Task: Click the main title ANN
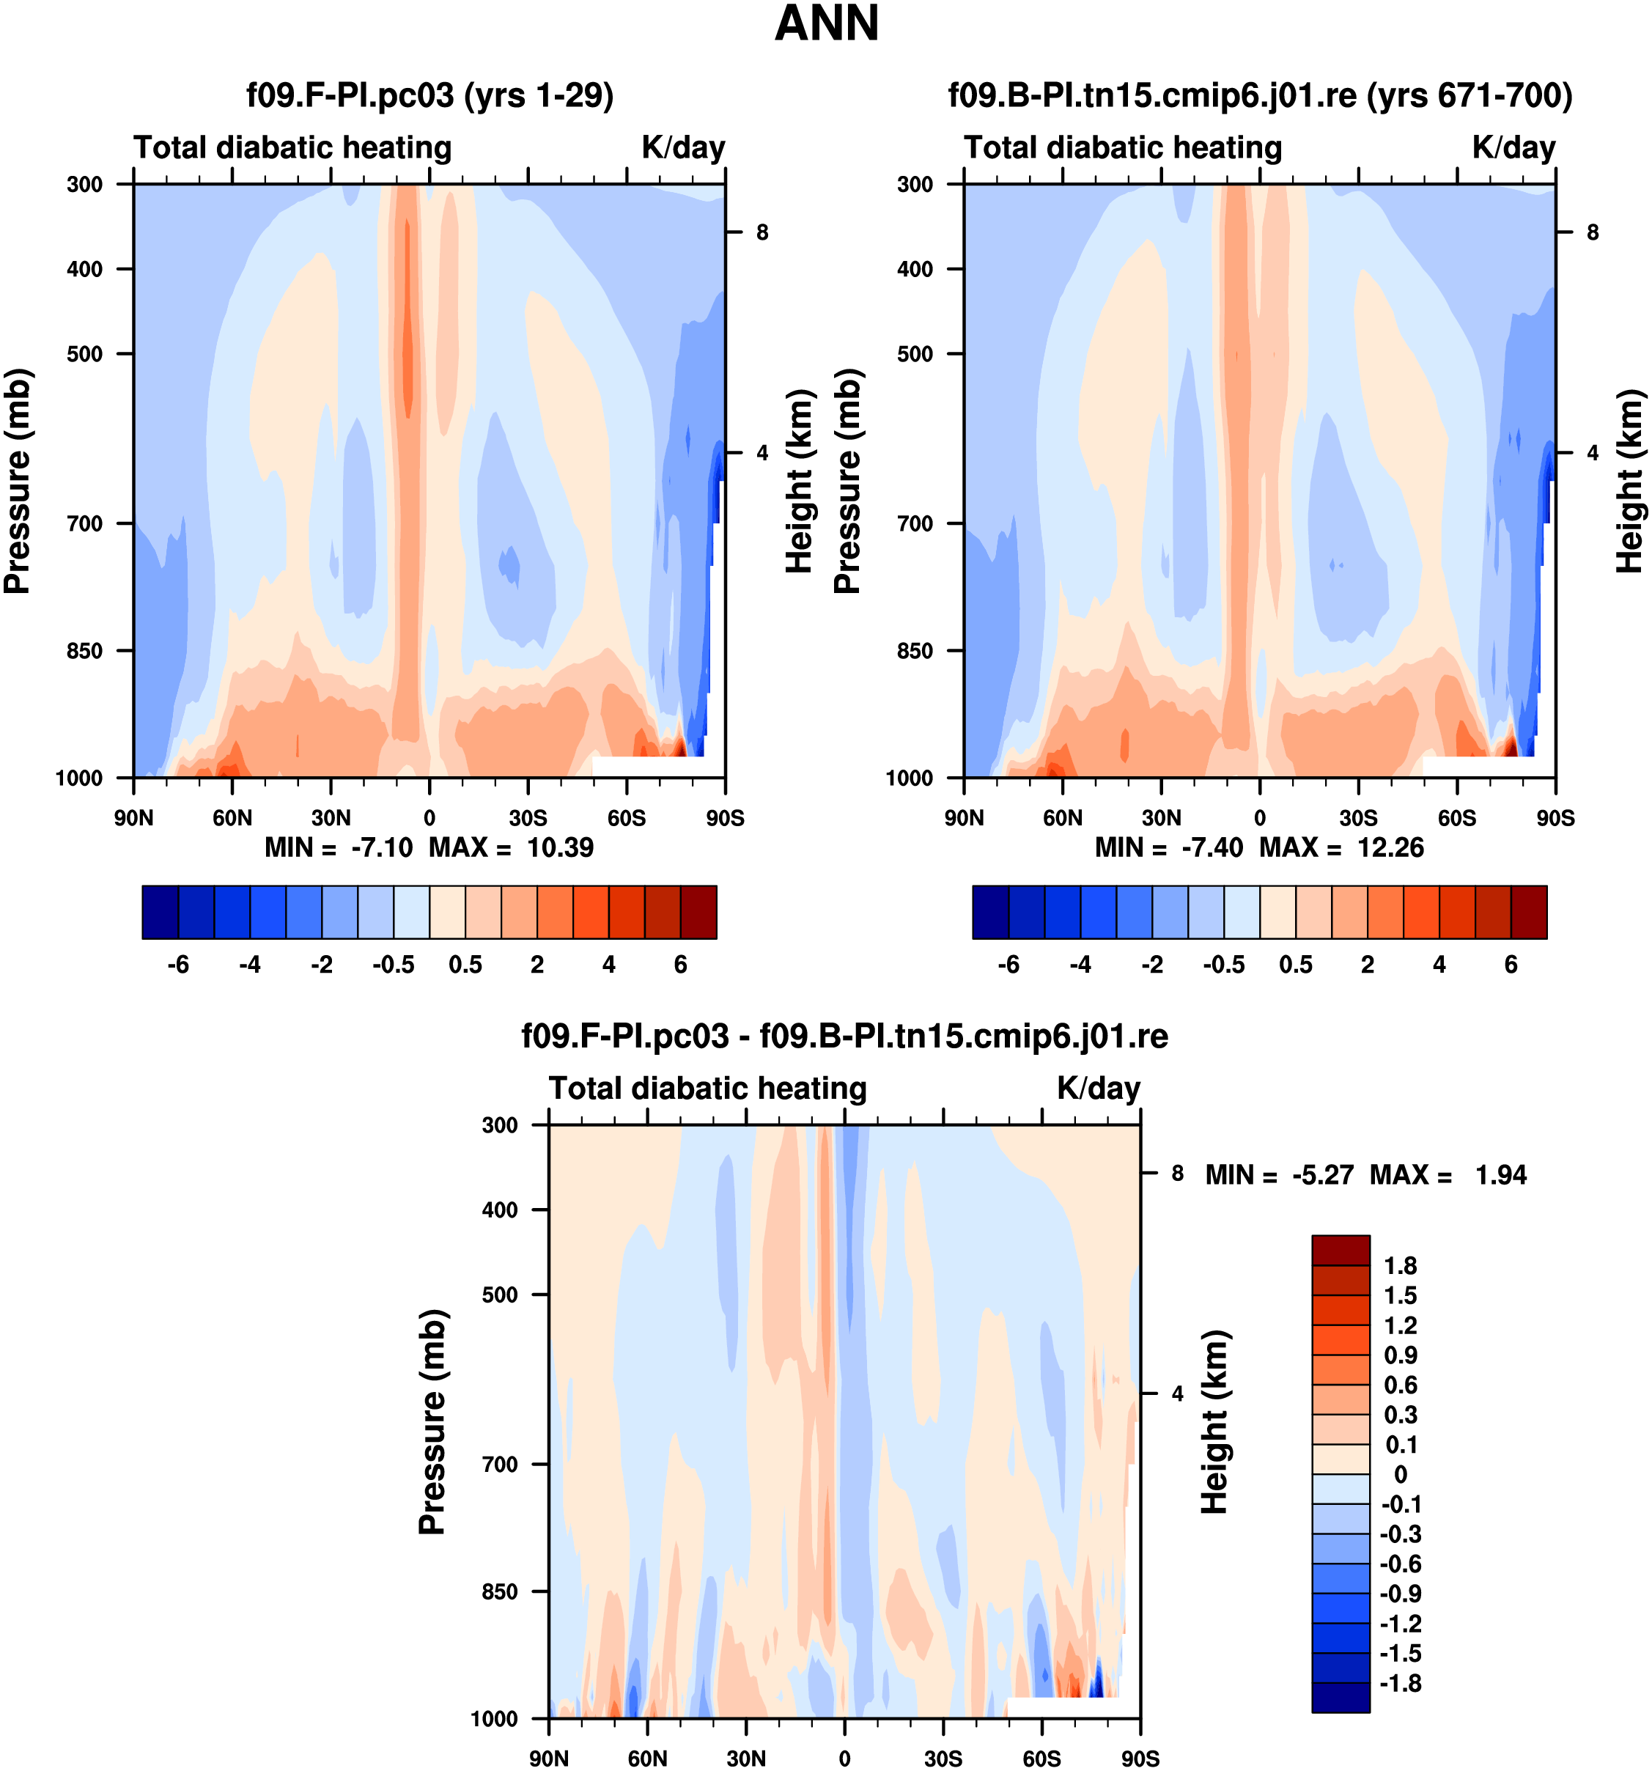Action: (827, 24)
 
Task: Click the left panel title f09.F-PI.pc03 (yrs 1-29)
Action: (430, 95)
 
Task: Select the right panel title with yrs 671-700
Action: (1259, 95)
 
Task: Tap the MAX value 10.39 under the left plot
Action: (560, 847)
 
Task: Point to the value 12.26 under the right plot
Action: (1390, 847)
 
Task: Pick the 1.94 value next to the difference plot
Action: (1500, 1175)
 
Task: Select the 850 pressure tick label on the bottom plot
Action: (500, 1591)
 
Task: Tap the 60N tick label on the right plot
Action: (1063, 818)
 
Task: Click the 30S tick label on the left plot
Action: (528, 818)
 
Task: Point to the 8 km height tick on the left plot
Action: (762, 232)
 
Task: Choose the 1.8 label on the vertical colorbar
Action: (1400, 1266)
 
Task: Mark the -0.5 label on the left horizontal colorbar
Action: (394, 965)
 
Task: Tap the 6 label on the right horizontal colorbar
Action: (1511, 965)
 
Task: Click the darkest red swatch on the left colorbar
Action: (698, 912)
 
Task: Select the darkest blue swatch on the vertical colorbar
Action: (1341, 1697)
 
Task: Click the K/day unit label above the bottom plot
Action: (1098, 1089)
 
